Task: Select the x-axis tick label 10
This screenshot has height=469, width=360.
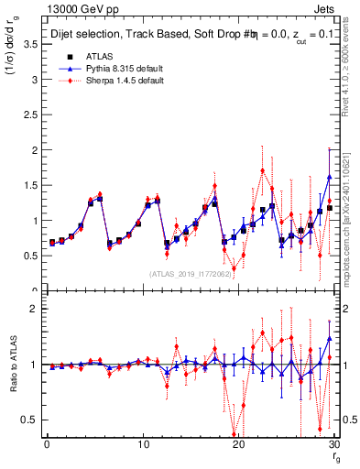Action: (143, 445)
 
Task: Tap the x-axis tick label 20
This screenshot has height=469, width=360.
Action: (239, 445)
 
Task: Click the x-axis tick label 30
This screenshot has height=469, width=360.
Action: (334, 445)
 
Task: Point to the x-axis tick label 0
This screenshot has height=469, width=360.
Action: (47, 445)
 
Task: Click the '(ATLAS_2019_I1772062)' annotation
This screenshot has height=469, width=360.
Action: (188, 274)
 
